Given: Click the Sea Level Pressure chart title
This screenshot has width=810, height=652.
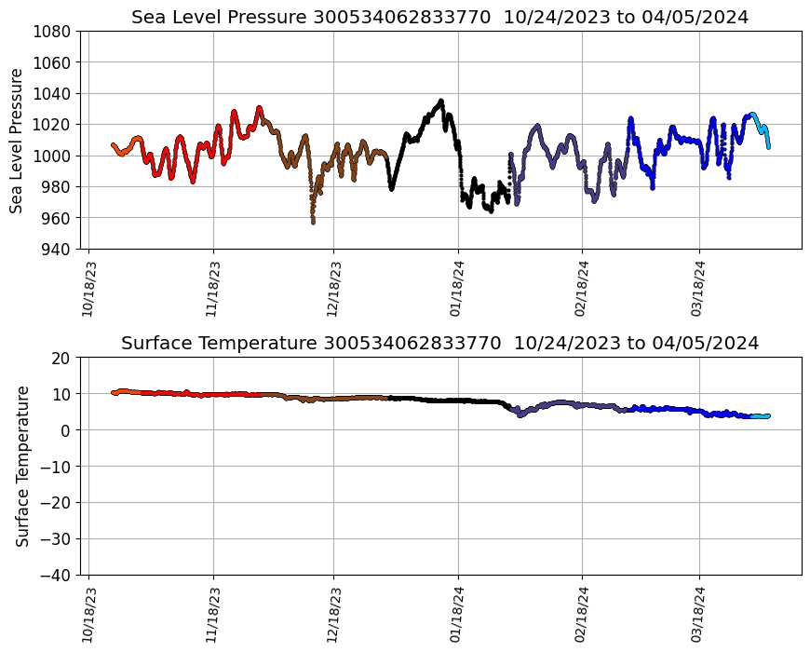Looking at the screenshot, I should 439,18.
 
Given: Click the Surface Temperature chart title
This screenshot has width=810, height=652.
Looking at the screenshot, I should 439,343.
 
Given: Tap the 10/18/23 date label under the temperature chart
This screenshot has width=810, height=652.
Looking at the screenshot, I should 88,615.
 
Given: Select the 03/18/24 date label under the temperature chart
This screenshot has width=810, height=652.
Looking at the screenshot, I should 700,615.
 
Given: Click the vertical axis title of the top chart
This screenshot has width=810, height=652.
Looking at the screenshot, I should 17,140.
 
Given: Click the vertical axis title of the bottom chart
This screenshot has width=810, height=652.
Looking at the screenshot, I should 22,466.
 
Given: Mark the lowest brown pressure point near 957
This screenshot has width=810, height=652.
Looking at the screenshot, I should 313,222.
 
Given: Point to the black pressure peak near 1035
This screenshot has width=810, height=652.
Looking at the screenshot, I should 441,101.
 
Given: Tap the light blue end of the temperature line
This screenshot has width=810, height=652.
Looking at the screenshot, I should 761,416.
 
